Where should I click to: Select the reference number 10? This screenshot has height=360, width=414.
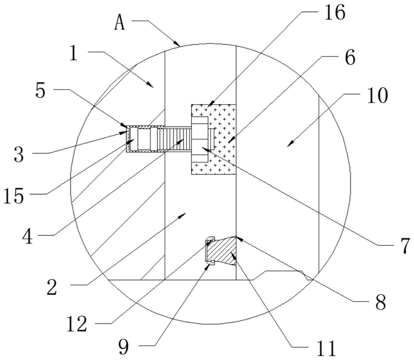(x=377, y=95)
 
